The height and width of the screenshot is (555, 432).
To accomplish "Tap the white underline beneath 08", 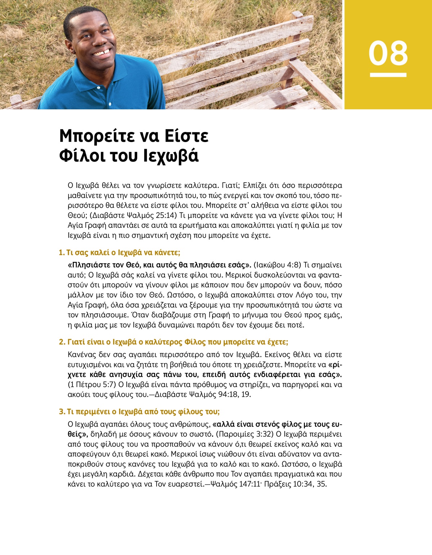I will tap(388, 75).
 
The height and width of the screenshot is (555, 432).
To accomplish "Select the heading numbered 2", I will tap(174, 342).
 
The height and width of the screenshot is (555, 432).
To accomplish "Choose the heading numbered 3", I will tap(139, 411).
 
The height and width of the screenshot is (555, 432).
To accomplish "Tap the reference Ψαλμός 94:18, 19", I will tap(220, 395).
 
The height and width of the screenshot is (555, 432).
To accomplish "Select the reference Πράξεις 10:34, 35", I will tap(295, 484).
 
